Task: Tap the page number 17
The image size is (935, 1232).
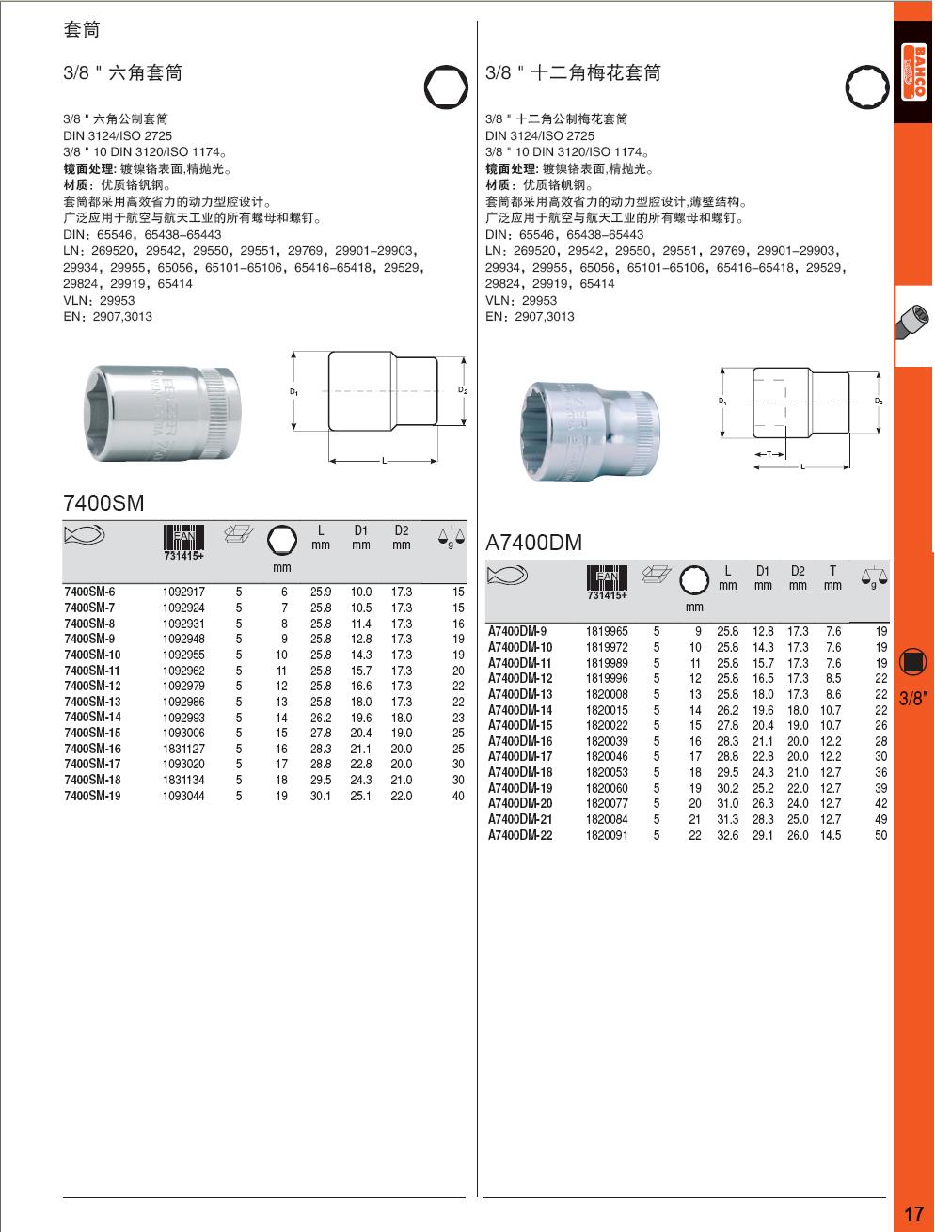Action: (913, 1213)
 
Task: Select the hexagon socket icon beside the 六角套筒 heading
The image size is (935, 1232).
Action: (445, 87)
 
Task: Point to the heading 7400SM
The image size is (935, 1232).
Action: (103, 503)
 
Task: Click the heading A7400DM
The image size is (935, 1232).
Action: (533, 543)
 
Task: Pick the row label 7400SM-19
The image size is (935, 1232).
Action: (92, 796)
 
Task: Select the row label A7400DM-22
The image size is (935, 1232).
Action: (520, 835)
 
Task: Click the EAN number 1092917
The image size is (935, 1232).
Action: (183, 592)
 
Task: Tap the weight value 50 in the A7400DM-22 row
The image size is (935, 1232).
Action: (880, 835)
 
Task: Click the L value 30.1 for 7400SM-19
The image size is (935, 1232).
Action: (321, 796)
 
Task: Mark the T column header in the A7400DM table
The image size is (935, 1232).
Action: (832, 571)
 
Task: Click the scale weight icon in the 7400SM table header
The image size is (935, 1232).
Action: (452, 537)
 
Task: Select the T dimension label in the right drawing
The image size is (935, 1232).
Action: (769, 454)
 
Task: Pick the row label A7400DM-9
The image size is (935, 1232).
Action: (517, 632)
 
